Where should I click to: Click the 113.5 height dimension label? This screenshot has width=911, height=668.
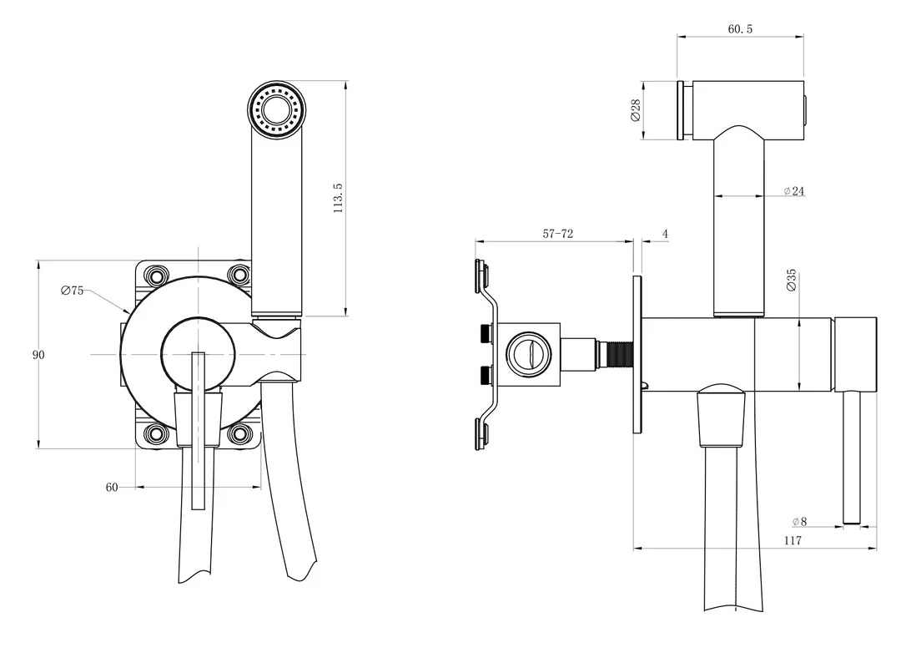pyautogui.click(x=338, y=198)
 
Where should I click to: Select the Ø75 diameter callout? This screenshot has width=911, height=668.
pyautogui.click(x=73, y=291)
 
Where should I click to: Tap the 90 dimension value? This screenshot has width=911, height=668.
pyautogui.click(x=38, y=355)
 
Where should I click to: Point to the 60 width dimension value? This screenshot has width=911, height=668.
pyautogui.click(x=112, y=487)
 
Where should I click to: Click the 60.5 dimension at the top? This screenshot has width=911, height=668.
pyautogui.click(x=740, y=29)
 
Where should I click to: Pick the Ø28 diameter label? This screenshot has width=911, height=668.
pyautogui.click(x=635, y=110)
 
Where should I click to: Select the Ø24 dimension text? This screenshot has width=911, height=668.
pyautogui.click(x=793, y=190)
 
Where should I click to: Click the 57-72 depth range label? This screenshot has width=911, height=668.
pyautogui.click(x=558, y=234)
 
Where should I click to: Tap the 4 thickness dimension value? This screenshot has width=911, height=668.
pyautogui.click(x=665, y=235)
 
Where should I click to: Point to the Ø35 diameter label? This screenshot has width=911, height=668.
pyautogui.click(x=791, y=281)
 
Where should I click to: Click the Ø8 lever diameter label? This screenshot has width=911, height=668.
pyautogui.click(x=799, y=522)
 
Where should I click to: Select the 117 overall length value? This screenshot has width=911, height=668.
pyautogui.click(x=793, y=541)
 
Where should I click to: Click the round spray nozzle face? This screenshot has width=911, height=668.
pyautogui.click(x=277, y=110)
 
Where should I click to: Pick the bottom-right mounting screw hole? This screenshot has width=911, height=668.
pyautogui.click(x=239, y=433)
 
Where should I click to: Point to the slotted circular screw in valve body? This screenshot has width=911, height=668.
pyautogui.click(x=529, y=355)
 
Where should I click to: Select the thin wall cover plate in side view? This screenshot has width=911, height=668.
pyautogui.click(x=638, y=355)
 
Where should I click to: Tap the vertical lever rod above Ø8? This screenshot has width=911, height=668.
pyautogui.click(x=851, y=457)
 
